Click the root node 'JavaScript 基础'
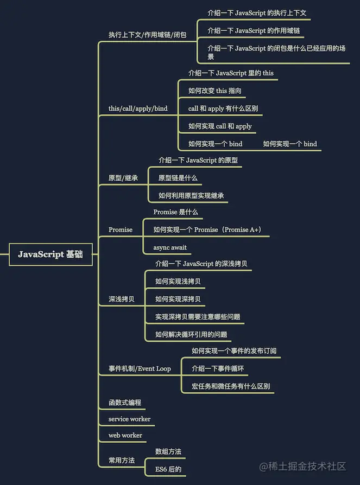(50, 254)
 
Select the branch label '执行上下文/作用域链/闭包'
(147, 35)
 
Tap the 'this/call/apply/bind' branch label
(138, 109)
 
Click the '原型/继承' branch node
(123, 178)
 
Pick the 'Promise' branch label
(121, 229)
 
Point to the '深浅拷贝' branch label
(122, 299)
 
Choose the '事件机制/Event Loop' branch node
(140, 369)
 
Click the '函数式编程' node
(125, 403)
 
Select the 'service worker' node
(129, 419)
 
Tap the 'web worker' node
(125, 435)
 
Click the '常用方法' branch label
(122, 460)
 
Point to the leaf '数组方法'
(168, 451)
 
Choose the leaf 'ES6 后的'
(168, 469)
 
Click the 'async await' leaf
(170, 247)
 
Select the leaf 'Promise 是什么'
(176, 212)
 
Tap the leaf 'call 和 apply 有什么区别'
(223, 109)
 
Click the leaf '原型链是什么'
(178, 178)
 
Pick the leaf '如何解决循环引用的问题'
(191, 334)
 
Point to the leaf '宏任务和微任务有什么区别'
(231, 387)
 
